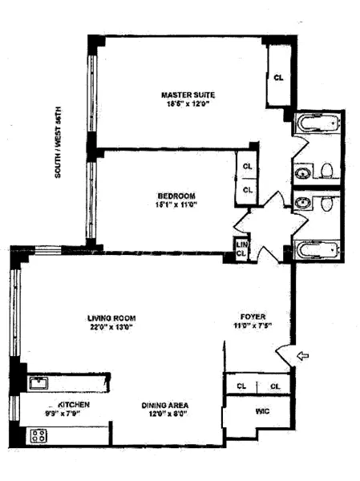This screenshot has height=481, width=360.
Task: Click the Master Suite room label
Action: (188, 94)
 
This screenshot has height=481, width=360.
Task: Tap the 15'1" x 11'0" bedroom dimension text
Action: (176, 205)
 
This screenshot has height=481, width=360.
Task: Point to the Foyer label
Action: (253, 316)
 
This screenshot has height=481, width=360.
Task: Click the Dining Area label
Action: (164, 405)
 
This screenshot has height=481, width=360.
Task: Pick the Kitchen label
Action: (72, 405)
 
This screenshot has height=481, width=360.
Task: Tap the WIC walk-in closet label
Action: (261, 411)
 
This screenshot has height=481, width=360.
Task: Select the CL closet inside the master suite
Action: (278, 78)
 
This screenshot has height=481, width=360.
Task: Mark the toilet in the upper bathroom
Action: (326, 170)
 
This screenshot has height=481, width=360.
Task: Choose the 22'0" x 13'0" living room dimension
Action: (110, 326)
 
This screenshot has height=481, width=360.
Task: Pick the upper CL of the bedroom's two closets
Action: (248, 168)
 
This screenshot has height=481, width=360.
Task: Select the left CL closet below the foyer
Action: (241, 386)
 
